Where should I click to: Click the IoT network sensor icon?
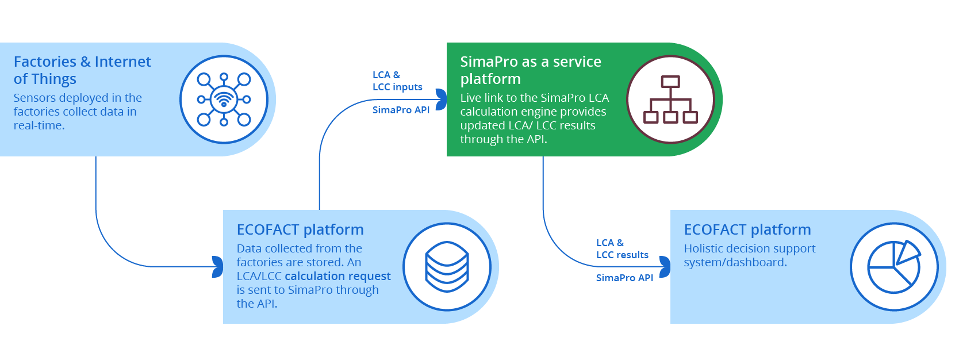[x=224, y=99]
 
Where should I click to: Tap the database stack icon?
[x=447, y=267]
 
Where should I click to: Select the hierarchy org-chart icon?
[x=670, y=99]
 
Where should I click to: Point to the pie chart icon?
[x=895, y=267]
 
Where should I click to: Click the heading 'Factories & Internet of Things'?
[x=82, y=70]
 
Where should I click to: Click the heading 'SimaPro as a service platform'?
[x=531, y=70]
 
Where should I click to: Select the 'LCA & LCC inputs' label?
[x=397, y=81]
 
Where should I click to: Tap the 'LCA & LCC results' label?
[x=622, y=248]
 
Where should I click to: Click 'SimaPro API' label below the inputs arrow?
[x=401, y=110]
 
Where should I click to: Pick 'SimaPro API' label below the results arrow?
[x=624, y=278]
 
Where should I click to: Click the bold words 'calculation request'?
[x=338, y=276]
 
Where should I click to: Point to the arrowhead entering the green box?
[x=441, y=99]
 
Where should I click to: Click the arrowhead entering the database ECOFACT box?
[x=217, y=267]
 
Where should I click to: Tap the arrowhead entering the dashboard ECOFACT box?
[x=665, y=267]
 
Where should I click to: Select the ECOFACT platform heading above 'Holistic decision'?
[x=747, y=230]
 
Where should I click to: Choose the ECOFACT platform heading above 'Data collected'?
[x=300, y=230]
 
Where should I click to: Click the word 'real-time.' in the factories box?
[x=39, y=125]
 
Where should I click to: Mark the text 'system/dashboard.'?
[x=735, y=262]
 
